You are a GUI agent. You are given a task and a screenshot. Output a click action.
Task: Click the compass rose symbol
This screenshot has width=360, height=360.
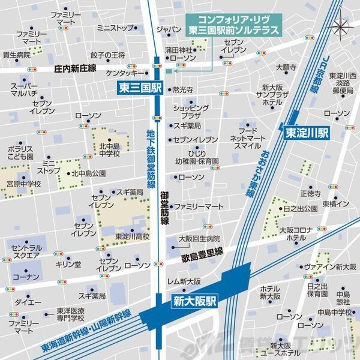coord(340,27)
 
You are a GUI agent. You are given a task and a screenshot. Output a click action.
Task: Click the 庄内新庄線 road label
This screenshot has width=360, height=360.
coord(75,69)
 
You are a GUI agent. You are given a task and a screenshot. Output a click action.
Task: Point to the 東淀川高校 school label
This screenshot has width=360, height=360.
coord(132,236)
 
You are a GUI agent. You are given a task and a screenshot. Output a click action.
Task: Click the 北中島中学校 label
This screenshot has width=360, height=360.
coord(110,149)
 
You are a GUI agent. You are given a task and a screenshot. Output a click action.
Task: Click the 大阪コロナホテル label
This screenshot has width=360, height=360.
coord(296,234)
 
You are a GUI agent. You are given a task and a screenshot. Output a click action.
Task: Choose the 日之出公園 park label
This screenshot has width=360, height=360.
coord(301,208)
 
